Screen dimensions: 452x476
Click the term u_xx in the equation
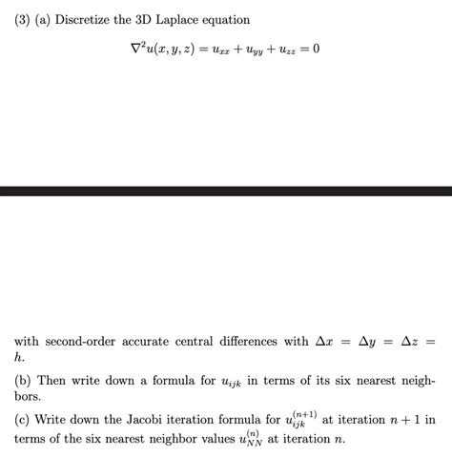tap(216, 50)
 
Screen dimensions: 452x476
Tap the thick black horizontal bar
tap(226, 190)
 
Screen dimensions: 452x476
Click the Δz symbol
tap(411, 341)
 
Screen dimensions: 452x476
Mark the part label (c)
tap(24, 420)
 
